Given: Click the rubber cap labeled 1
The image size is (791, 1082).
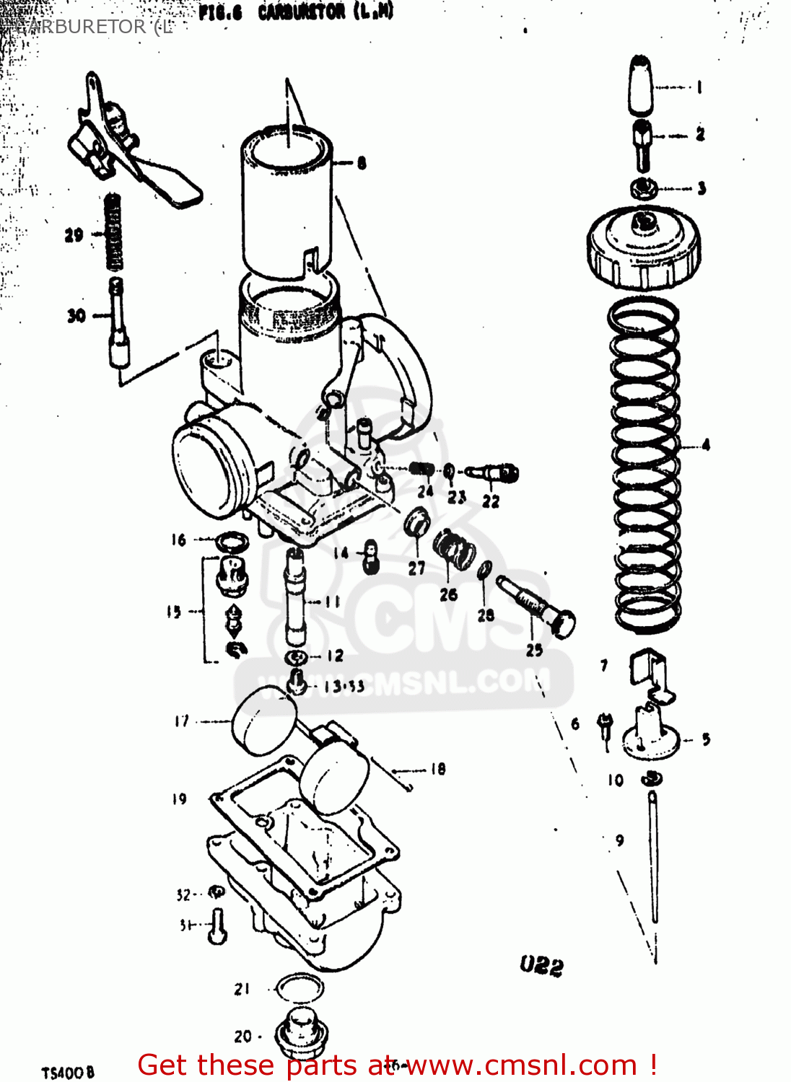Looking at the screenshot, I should (641, 85).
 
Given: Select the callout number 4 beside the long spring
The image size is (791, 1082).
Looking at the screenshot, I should (705, 445).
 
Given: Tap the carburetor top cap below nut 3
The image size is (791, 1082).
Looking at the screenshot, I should (643, 249).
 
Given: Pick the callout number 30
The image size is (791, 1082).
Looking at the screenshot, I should (77, 316).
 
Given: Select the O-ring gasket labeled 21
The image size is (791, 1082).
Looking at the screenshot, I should (299, 988).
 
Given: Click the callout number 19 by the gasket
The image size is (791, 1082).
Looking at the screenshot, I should (179, 799).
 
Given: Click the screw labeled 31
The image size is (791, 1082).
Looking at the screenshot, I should (217, 926).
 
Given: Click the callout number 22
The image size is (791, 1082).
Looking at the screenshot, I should (491, 501).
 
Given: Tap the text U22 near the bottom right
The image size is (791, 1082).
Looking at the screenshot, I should (541, 965).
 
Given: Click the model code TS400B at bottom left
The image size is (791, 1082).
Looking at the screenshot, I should (68, 1073).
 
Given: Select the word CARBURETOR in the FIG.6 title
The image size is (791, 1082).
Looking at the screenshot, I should (302, 13).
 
